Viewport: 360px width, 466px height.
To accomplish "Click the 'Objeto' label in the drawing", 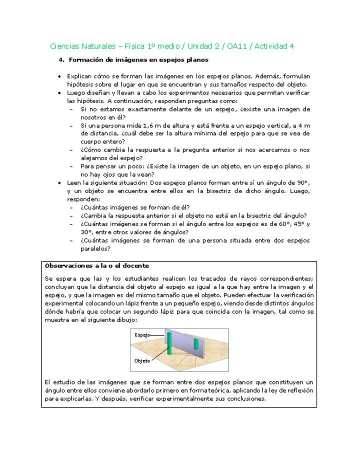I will [x=142, y=360].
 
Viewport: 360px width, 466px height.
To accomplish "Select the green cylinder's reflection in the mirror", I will [x=196, y=342].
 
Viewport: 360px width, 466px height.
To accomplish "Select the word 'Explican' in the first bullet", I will [x=79, y=76].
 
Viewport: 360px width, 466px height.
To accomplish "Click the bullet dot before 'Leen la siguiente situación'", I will [x=59, y=183].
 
